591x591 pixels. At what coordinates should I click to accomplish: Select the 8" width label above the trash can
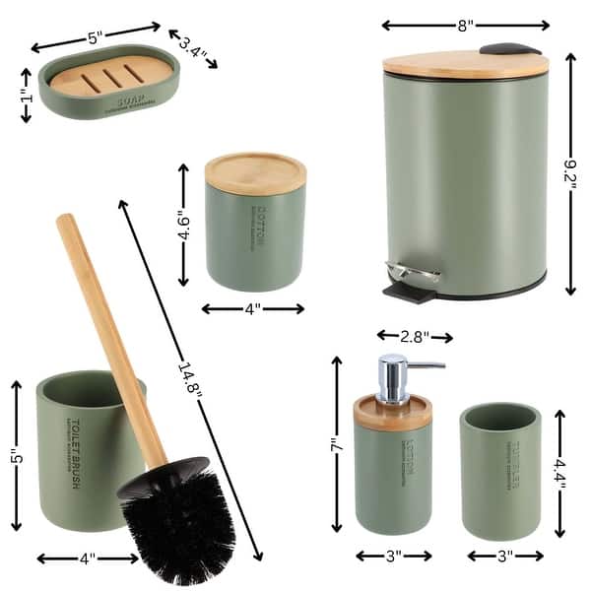click(x=465, y=24)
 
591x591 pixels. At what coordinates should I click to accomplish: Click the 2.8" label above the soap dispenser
click(x=414, y=337)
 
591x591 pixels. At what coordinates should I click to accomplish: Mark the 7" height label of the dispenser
click(x=336, y=445)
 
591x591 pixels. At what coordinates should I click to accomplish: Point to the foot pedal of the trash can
click(x=411, y=284)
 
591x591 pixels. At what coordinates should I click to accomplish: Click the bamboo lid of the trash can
click(x=464, y=64)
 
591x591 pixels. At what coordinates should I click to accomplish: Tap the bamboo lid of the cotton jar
click(x=255, y=170)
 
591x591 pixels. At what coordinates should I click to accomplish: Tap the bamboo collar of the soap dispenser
click(x=393, y=415)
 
